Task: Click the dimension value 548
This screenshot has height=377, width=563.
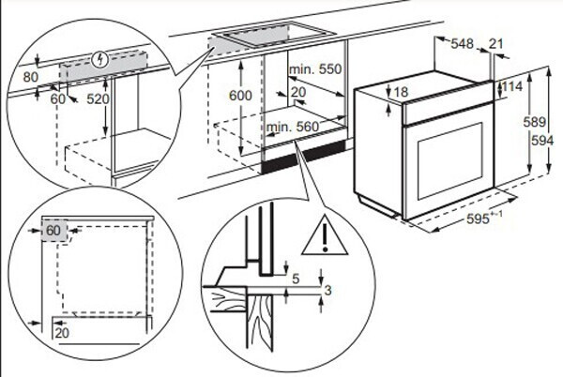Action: pyautogui.click(x=462, y=44)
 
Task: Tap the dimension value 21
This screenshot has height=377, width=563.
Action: pyautogui.click(x=497, y=44)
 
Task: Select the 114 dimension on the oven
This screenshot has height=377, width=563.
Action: pyautogui.click(x=511, y=86)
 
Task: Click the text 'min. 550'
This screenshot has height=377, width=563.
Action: pyautogui.click(x=314, y=70)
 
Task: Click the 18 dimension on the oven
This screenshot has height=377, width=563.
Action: pyautogui.click(x=401, y=92)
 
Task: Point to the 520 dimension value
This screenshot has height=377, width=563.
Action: pyautogui.click(x=98, y=98)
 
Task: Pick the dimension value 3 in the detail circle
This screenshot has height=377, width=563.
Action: pyautogui.click(x=326, y=291)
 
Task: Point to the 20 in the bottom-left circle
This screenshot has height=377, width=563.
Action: pyautogui.click(x=62, y=332)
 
